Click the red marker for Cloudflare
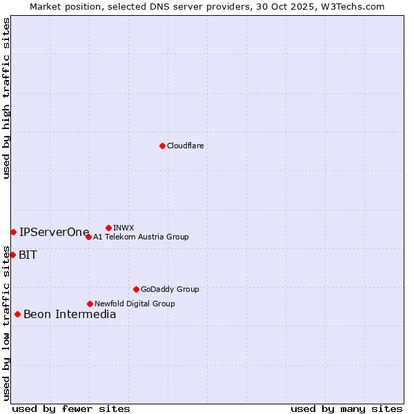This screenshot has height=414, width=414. click(162, 146)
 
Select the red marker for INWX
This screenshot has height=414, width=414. click(108, 228)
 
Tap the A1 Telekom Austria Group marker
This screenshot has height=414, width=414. click(88, 237)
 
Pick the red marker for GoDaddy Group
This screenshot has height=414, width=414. click(136, 289)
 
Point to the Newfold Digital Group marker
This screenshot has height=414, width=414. click(90, 304)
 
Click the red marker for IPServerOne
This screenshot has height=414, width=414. click(13, 232)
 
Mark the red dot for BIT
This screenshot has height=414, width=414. click(12, 255)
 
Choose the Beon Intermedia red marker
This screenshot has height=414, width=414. click(17, 314)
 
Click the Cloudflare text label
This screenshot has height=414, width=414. click(185, 146)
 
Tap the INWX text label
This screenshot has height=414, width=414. click(124, 228)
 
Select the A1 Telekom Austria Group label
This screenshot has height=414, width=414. click(141, 237)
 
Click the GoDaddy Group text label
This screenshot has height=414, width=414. click(170, 289)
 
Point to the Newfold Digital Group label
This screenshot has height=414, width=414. click(135, 304)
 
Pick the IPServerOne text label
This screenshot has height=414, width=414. click(54, 232)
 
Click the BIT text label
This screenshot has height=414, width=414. click(28, 255)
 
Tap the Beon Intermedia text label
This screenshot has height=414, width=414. click(70, 314)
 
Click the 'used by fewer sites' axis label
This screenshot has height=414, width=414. click(71, 408)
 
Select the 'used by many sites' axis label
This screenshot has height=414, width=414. click(346, 408)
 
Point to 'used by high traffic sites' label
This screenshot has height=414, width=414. click(7, 98)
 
